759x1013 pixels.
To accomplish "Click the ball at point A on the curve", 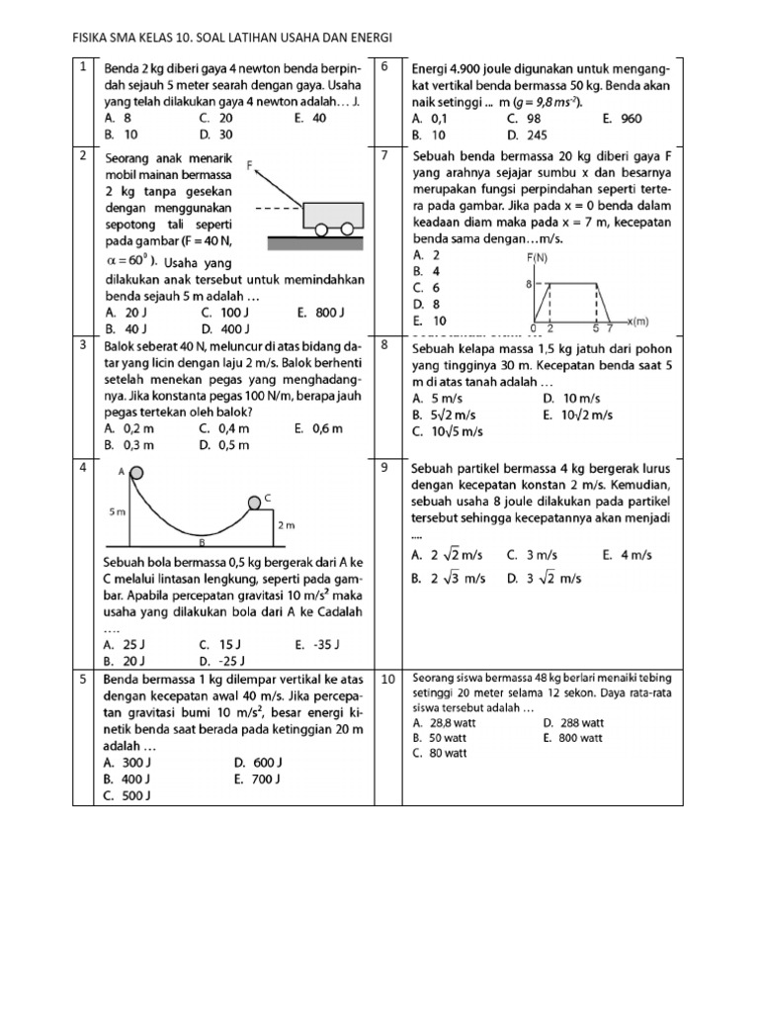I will coord(134,473).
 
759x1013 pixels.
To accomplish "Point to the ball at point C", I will coord(254,505).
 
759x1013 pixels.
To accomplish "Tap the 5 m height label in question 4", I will coord(116,512).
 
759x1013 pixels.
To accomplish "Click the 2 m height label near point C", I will coord(286,525).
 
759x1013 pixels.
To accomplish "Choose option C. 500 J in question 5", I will coord(126,794).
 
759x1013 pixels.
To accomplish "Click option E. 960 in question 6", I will coord(622,118).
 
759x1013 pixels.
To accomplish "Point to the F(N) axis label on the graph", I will coord(540,257).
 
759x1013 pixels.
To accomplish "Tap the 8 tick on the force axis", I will coord(528,284).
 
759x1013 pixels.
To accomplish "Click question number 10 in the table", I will coord(388,679).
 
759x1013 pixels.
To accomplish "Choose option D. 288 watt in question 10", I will coord(573,723).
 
